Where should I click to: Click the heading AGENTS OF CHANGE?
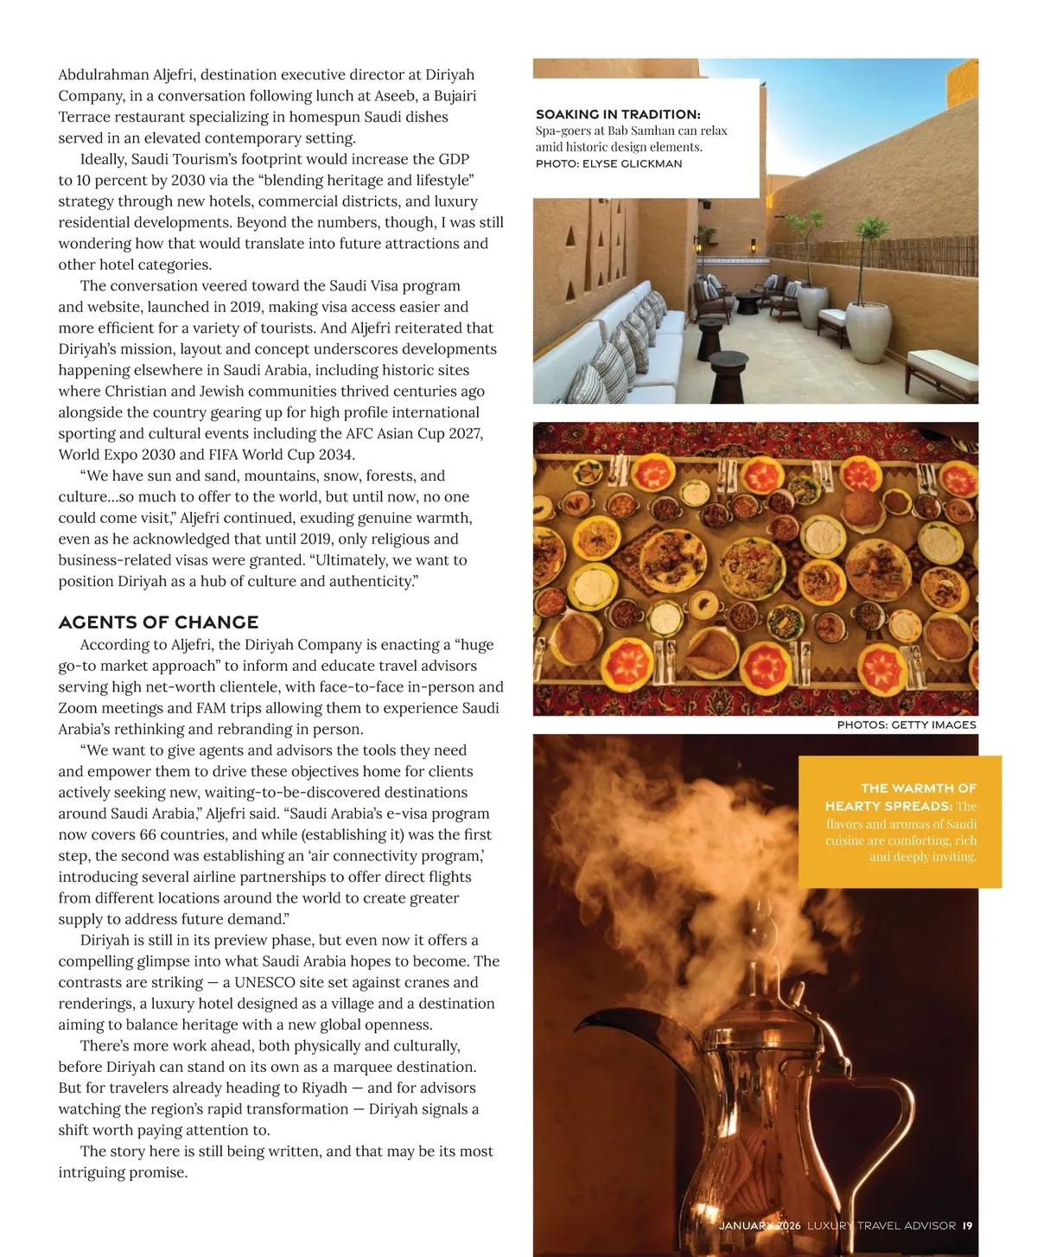pos(158,622)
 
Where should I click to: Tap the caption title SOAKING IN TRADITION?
pos(617,114)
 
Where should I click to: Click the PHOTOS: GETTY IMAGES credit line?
pos(907,724)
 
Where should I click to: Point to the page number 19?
pos(967,1225)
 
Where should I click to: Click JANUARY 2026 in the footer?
pos(760,1225)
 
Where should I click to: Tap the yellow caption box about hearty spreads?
pos(900,821)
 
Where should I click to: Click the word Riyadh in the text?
pos(323,1088)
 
